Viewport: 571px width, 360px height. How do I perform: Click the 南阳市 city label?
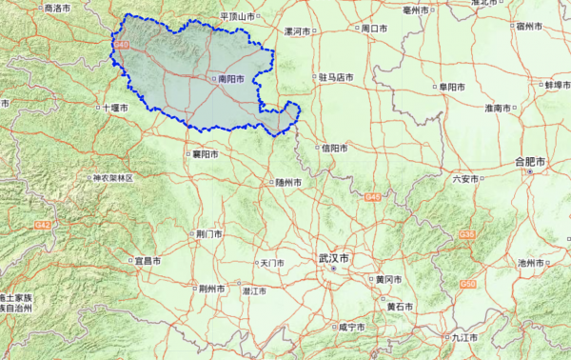[x=232, y=79]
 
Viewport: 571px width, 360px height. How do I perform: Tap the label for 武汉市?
[x=334, y=258]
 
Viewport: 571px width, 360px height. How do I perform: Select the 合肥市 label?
[x=529, y=162]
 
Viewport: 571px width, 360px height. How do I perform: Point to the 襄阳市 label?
[x=206, y=153]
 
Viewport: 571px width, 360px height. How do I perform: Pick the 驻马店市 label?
[x=337, y=77]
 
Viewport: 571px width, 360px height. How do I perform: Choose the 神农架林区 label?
[x=116, y=178]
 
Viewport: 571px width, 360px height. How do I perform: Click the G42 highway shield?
[x=41, y=225]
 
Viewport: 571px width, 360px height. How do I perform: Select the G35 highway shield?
[x=466, y=233]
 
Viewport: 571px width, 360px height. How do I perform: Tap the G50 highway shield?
[x=467, y=284]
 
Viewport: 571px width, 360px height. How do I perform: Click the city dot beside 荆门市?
[x=191, y=232]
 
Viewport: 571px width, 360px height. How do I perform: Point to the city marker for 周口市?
[x=357, y=29]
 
